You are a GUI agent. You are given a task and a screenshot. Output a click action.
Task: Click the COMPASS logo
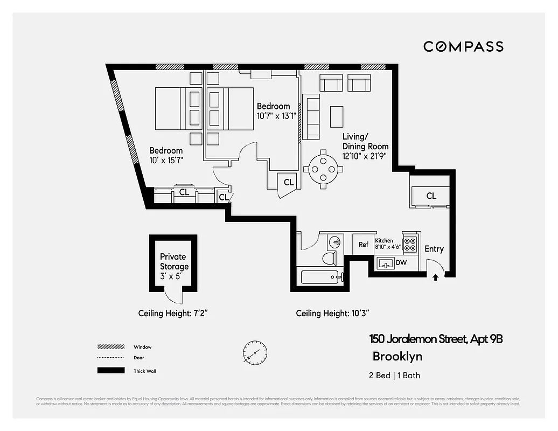point(463,46)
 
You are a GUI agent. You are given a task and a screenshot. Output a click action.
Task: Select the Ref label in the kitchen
point(364,245)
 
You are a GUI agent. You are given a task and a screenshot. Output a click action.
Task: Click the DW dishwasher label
point(401,263)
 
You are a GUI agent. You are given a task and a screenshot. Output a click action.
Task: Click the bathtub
point(319,278)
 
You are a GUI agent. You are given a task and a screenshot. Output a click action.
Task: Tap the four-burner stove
point(410,244)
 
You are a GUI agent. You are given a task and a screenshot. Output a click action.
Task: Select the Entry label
point(434,249)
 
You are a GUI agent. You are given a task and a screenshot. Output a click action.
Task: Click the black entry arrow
point(435,277)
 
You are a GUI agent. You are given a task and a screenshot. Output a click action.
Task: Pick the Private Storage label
point(174,262)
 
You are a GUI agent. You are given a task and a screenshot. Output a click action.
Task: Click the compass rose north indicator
point(254,353)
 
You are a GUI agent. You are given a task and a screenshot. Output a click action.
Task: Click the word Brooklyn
point(397,356)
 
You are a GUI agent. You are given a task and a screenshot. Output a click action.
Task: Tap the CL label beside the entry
point(431,196)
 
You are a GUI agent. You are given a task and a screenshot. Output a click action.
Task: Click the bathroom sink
point(334,241)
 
